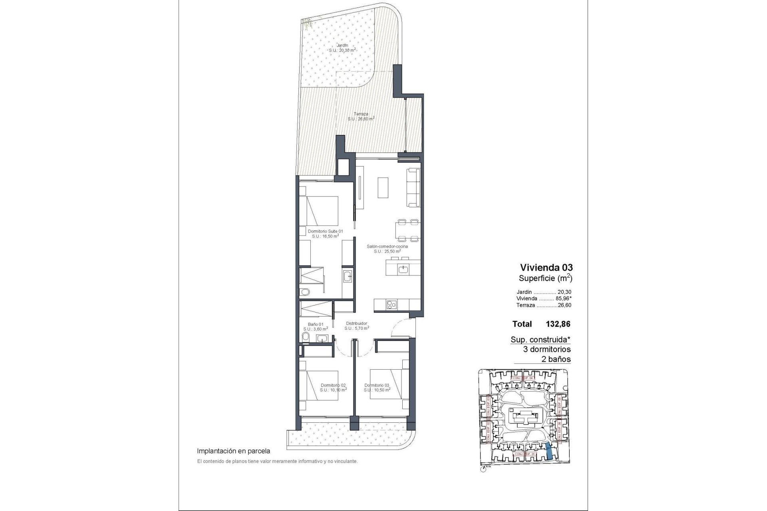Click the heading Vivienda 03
pyautogui.click(x=545, y=267)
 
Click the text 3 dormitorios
pyautogui.click(x=546, y=349)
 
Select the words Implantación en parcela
pyautogui.click(x=234, y=451)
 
